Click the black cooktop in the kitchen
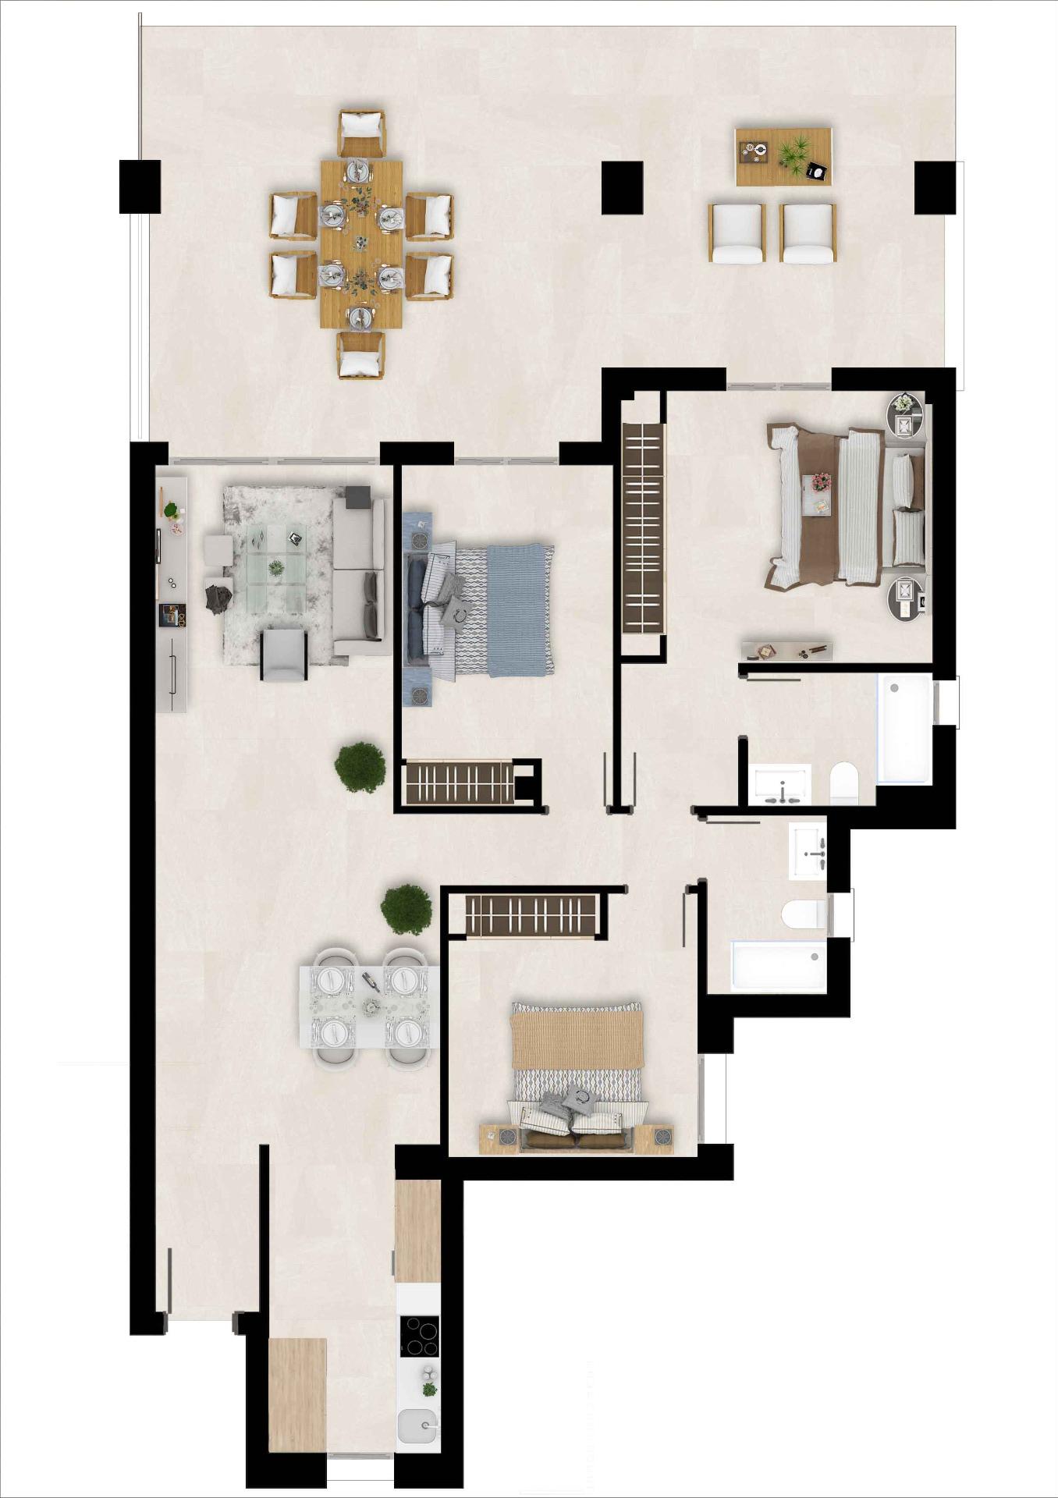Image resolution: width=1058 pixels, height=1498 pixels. click(x=419, y=1336)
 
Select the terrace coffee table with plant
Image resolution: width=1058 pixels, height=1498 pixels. click(x=783, y=157)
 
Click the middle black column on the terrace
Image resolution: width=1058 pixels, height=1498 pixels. click(x=622, y=187)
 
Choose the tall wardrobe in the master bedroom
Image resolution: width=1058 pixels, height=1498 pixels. click(x=642, y=528)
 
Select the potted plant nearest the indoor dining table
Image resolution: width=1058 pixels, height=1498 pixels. click(x=406, y=908)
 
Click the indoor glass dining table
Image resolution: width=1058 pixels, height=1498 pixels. click(x=369, y=1007)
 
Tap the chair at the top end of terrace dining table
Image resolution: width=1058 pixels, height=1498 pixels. click(x=361, y=133)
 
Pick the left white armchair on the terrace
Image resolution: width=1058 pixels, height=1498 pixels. click(x=737, y=233)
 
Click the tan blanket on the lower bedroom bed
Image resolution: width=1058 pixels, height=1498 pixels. click(x=577, y=1036)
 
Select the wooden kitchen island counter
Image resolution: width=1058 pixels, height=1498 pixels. click(x=297, y=1394)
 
